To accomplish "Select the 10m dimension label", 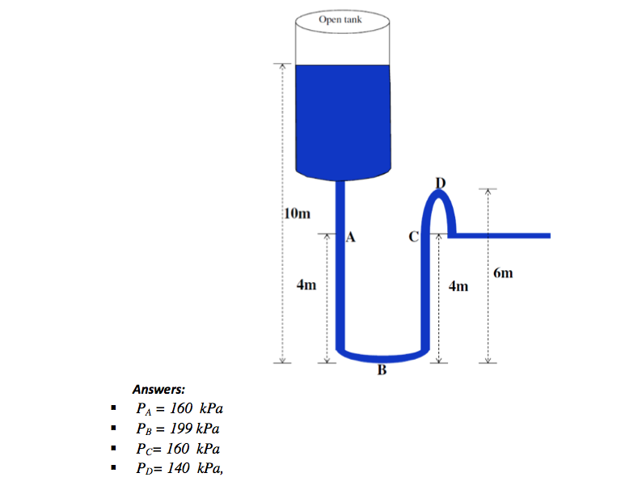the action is pos(297,214).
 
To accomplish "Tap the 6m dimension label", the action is pos(503,273).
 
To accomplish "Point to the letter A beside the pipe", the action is pos(350,237).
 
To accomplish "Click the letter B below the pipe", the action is pos(382,372).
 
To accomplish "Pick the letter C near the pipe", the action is pos(413,237).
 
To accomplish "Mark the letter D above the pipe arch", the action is pos(440,181).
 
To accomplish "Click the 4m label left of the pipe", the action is pos(306,285).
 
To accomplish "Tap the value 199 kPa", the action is pos(196,429).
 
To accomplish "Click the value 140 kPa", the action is pos(195,467).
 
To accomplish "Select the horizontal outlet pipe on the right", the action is pos(501,236).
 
